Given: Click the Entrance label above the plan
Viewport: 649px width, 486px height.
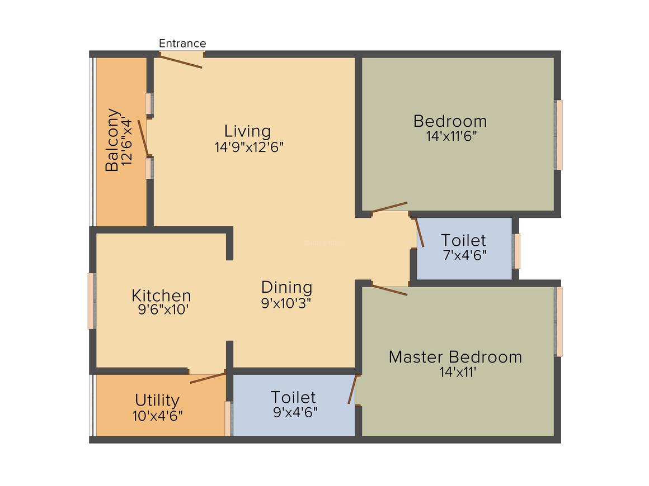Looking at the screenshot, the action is tap(182, 44).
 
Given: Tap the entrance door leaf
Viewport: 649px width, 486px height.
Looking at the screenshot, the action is tap(181, 61).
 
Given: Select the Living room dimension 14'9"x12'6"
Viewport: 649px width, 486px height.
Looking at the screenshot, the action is tap(249, 147).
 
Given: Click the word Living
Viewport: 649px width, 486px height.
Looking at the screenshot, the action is tap(247, 131).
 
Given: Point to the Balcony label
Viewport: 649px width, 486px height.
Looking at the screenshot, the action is tap(112, 140).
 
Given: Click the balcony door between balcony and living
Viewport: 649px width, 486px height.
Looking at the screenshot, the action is tap(143, 138).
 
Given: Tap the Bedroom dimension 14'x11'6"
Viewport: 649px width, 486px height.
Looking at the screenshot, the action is tap(451, 136).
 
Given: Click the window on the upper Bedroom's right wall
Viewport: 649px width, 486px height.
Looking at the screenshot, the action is tap(558, 135).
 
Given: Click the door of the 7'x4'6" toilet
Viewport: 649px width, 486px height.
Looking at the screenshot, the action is tap(419, 232).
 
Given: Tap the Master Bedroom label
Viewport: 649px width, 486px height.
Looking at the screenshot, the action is tap(455, 356).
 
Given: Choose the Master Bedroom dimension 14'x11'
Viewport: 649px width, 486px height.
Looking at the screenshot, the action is tap(458, 372).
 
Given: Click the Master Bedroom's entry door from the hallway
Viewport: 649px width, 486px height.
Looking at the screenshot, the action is tap(389, 289).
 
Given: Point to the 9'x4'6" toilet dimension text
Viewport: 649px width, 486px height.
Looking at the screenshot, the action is tap(295, 412).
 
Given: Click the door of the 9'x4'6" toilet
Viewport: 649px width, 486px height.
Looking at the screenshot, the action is tap(352, 389).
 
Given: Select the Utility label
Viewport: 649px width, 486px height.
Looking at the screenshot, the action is tap(157, 400).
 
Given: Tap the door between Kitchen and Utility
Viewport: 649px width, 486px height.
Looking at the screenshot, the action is tap(208, 378).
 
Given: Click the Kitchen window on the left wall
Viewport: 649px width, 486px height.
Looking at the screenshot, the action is tap(92, 301).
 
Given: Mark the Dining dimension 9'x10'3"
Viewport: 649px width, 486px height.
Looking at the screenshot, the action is tap(286, 303).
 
